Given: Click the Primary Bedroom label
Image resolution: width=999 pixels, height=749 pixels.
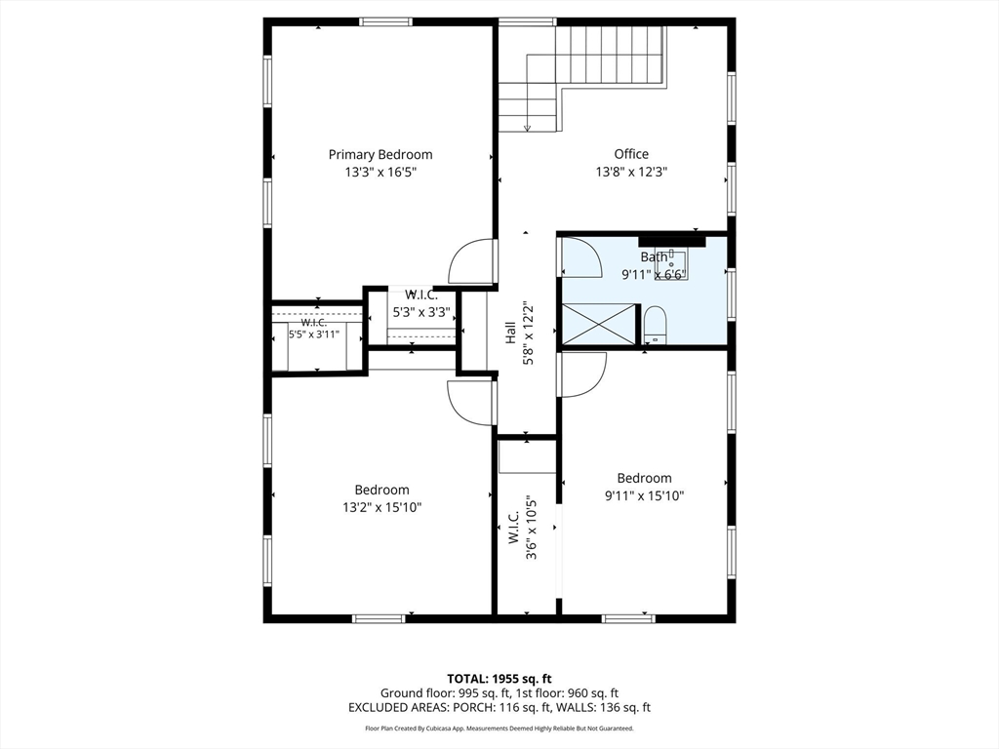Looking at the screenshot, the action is [x=380, y=154].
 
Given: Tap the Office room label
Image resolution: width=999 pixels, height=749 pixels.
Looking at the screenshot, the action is [x=631, y=153].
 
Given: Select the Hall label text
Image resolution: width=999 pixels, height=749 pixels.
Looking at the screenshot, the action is [x=510, y=333].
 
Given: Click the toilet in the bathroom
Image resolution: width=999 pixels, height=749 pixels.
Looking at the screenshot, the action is [x=655, y=325].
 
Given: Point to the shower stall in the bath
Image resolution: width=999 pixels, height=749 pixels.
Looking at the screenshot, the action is [x=600, y=326].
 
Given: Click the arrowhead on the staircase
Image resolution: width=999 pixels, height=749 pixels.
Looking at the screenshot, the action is [x=527, y=128].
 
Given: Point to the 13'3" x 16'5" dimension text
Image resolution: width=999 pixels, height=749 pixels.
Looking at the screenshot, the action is [x=380, y=172].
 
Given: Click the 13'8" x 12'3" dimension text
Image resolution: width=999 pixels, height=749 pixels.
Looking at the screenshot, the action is [x=631, y=172].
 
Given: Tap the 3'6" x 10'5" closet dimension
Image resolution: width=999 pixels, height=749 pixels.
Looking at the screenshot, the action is [x=531, y=528].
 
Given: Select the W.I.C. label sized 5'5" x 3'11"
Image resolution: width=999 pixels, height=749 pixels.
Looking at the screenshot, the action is [x=314, y=323].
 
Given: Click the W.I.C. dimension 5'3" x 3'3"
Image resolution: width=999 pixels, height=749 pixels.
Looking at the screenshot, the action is [x=421, y=313].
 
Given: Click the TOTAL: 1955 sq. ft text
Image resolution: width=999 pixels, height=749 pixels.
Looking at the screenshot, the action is [x=499, y=679].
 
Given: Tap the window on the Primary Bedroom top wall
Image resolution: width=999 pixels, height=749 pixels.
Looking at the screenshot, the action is [x=385, y=21].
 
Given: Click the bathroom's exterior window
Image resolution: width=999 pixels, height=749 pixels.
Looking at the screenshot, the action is [x=732, y=294].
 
